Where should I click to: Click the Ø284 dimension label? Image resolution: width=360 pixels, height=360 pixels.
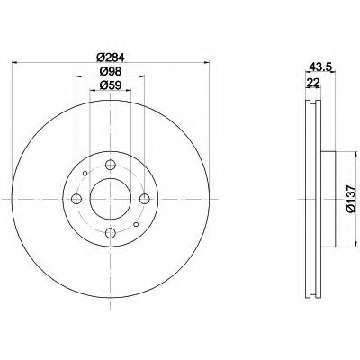(x=111, y=57)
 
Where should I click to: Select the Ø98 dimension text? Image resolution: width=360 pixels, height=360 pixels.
(x=111, y=71)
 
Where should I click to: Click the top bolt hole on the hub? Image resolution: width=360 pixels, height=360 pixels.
(x=111, y=165)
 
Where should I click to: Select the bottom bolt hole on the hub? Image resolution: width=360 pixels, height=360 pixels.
(x=111, y=234)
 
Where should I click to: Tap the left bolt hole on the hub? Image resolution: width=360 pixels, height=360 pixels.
(x=76, y=200)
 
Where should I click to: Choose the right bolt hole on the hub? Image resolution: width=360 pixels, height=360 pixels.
(x=146, y=200)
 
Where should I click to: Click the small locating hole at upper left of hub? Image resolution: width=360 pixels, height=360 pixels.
(x=85, y=174)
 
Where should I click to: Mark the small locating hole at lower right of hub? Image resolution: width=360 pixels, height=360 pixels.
(x=137, y=226)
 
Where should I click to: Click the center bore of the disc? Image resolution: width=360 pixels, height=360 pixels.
(x=111, y=200)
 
